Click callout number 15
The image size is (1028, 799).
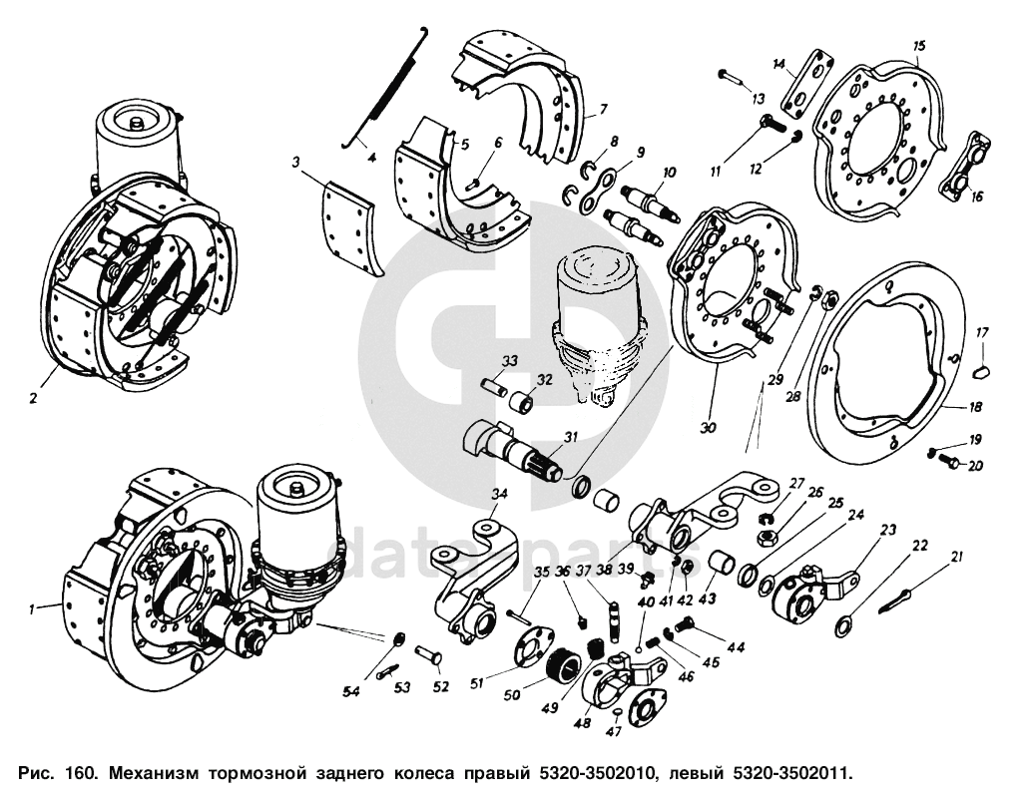[919, 46]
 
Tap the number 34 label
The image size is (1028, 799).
[499, 493]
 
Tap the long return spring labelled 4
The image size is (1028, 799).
[384, 91]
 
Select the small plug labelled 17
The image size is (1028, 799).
[981, 370]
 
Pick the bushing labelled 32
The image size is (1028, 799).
[521, 404]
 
